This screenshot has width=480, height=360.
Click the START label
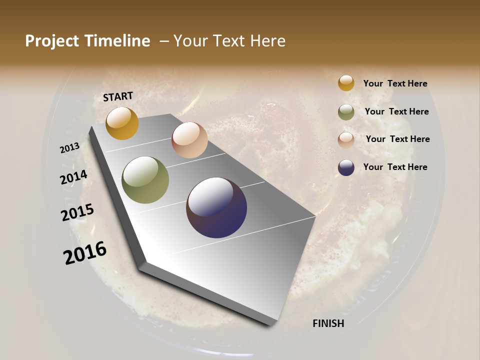(x=118, y=96)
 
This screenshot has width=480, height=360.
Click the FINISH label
(x=328, y=323)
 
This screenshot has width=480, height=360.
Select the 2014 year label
(x=73, y=177)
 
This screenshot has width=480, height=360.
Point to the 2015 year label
(x=77, y=212)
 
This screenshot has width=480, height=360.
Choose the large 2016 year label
(x=85, y=252)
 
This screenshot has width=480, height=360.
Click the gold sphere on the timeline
(x=122, y=123)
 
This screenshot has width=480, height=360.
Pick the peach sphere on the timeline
(x=189, y=140)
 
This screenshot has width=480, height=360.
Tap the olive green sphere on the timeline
(x=145, y=180)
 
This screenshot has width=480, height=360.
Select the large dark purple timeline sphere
(x=216, y=207)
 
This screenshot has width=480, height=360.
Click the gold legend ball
(x=346, y=83)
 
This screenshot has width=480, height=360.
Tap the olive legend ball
(x=346, y=112)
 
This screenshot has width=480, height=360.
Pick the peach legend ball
(x=346, y=140)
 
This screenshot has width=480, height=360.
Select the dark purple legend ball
(x=346, y=167)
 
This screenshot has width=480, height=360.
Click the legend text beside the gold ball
(x=395, y=84)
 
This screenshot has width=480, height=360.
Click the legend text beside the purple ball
(x=395, y=167)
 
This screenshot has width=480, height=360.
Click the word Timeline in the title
(x=117, y=41)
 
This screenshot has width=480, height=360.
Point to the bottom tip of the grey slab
(x=271, y=324)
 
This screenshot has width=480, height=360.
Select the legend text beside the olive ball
(x=396, y=111)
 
